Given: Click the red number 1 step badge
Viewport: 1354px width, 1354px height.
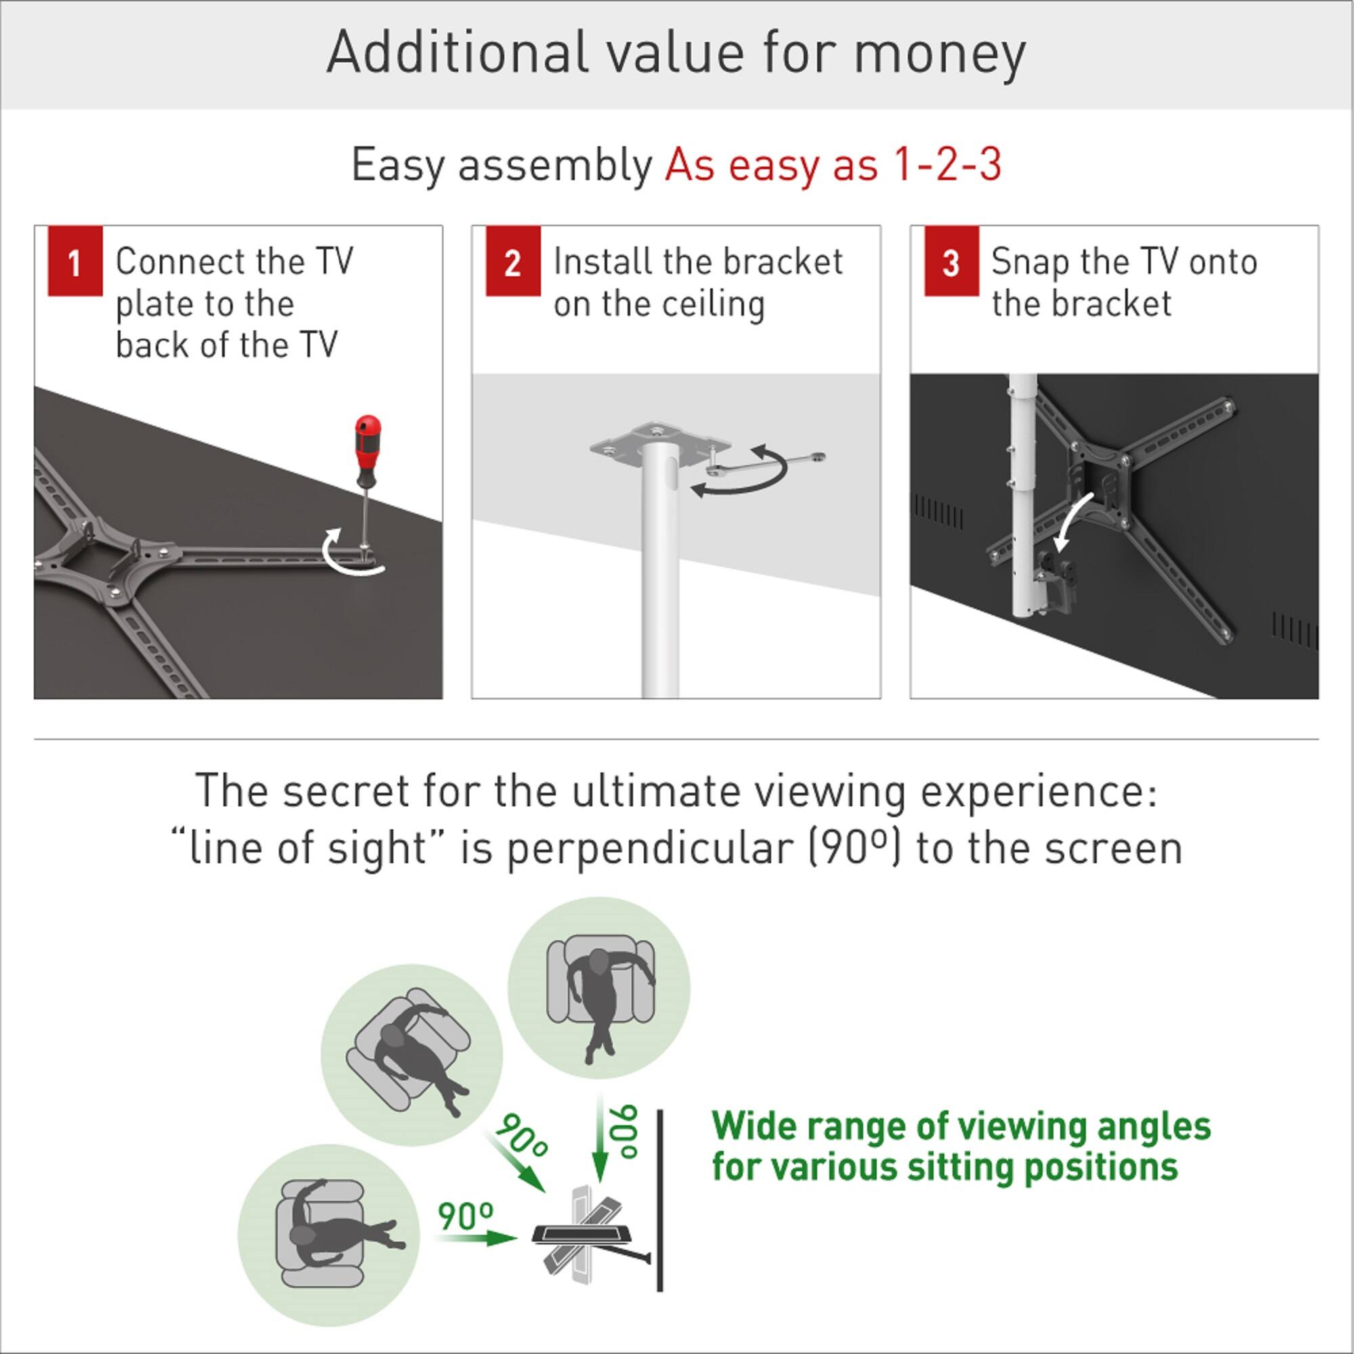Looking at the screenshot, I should pos(75,261).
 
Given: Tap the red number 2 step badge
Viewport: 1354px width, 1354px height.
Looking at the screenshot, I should pos(513,261).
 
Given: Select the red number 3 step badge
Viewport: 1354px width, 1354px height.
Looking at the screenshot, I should pos(951,261).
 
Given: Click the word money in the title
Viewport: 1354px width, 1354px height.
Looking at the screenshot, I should pos(939,53).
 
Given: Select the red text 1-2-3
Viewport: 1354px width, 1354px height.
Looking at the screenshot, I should pos(946,165).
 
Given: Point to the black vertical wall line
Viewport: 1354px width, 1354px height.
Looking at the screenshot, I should pos(660,1198).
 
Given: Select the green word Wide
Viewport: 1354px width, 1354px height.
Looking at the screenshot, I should pos(754,1127).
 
